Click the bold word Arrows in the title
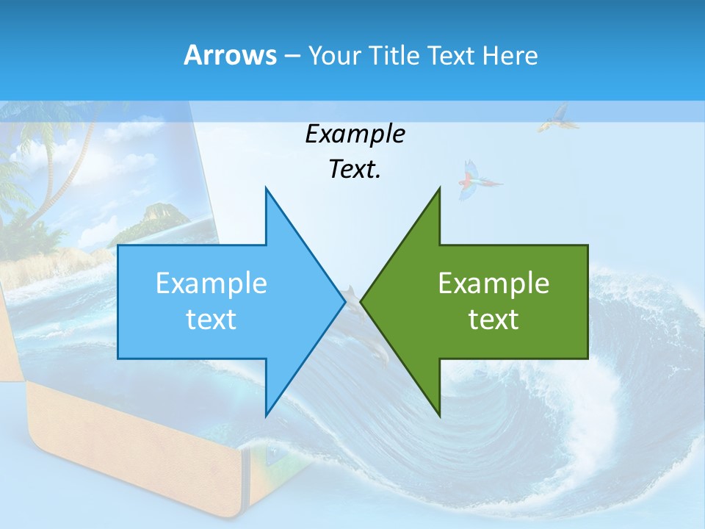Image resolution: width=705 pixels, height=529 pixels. [x=230, y=55]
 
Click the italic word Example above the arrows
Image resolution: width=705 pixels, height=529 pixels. [x=355, y=134]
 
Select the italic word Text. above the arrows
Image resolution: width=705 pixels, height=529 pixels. [x=355, y=169]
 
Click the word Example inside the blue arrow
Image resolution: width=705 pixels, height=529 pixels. [x=211, y=284]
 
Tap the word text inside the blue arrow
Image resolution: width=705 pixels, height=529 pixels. [x=211, y=320]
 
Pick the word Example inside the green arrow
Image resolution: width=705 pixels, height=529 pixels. [x=493, y=284]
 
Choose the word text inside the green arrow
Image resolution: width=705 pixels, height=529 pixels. [x=493, y=320]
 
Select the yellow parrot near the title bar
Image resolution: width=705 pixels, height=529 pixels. [x=554, y=118]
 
